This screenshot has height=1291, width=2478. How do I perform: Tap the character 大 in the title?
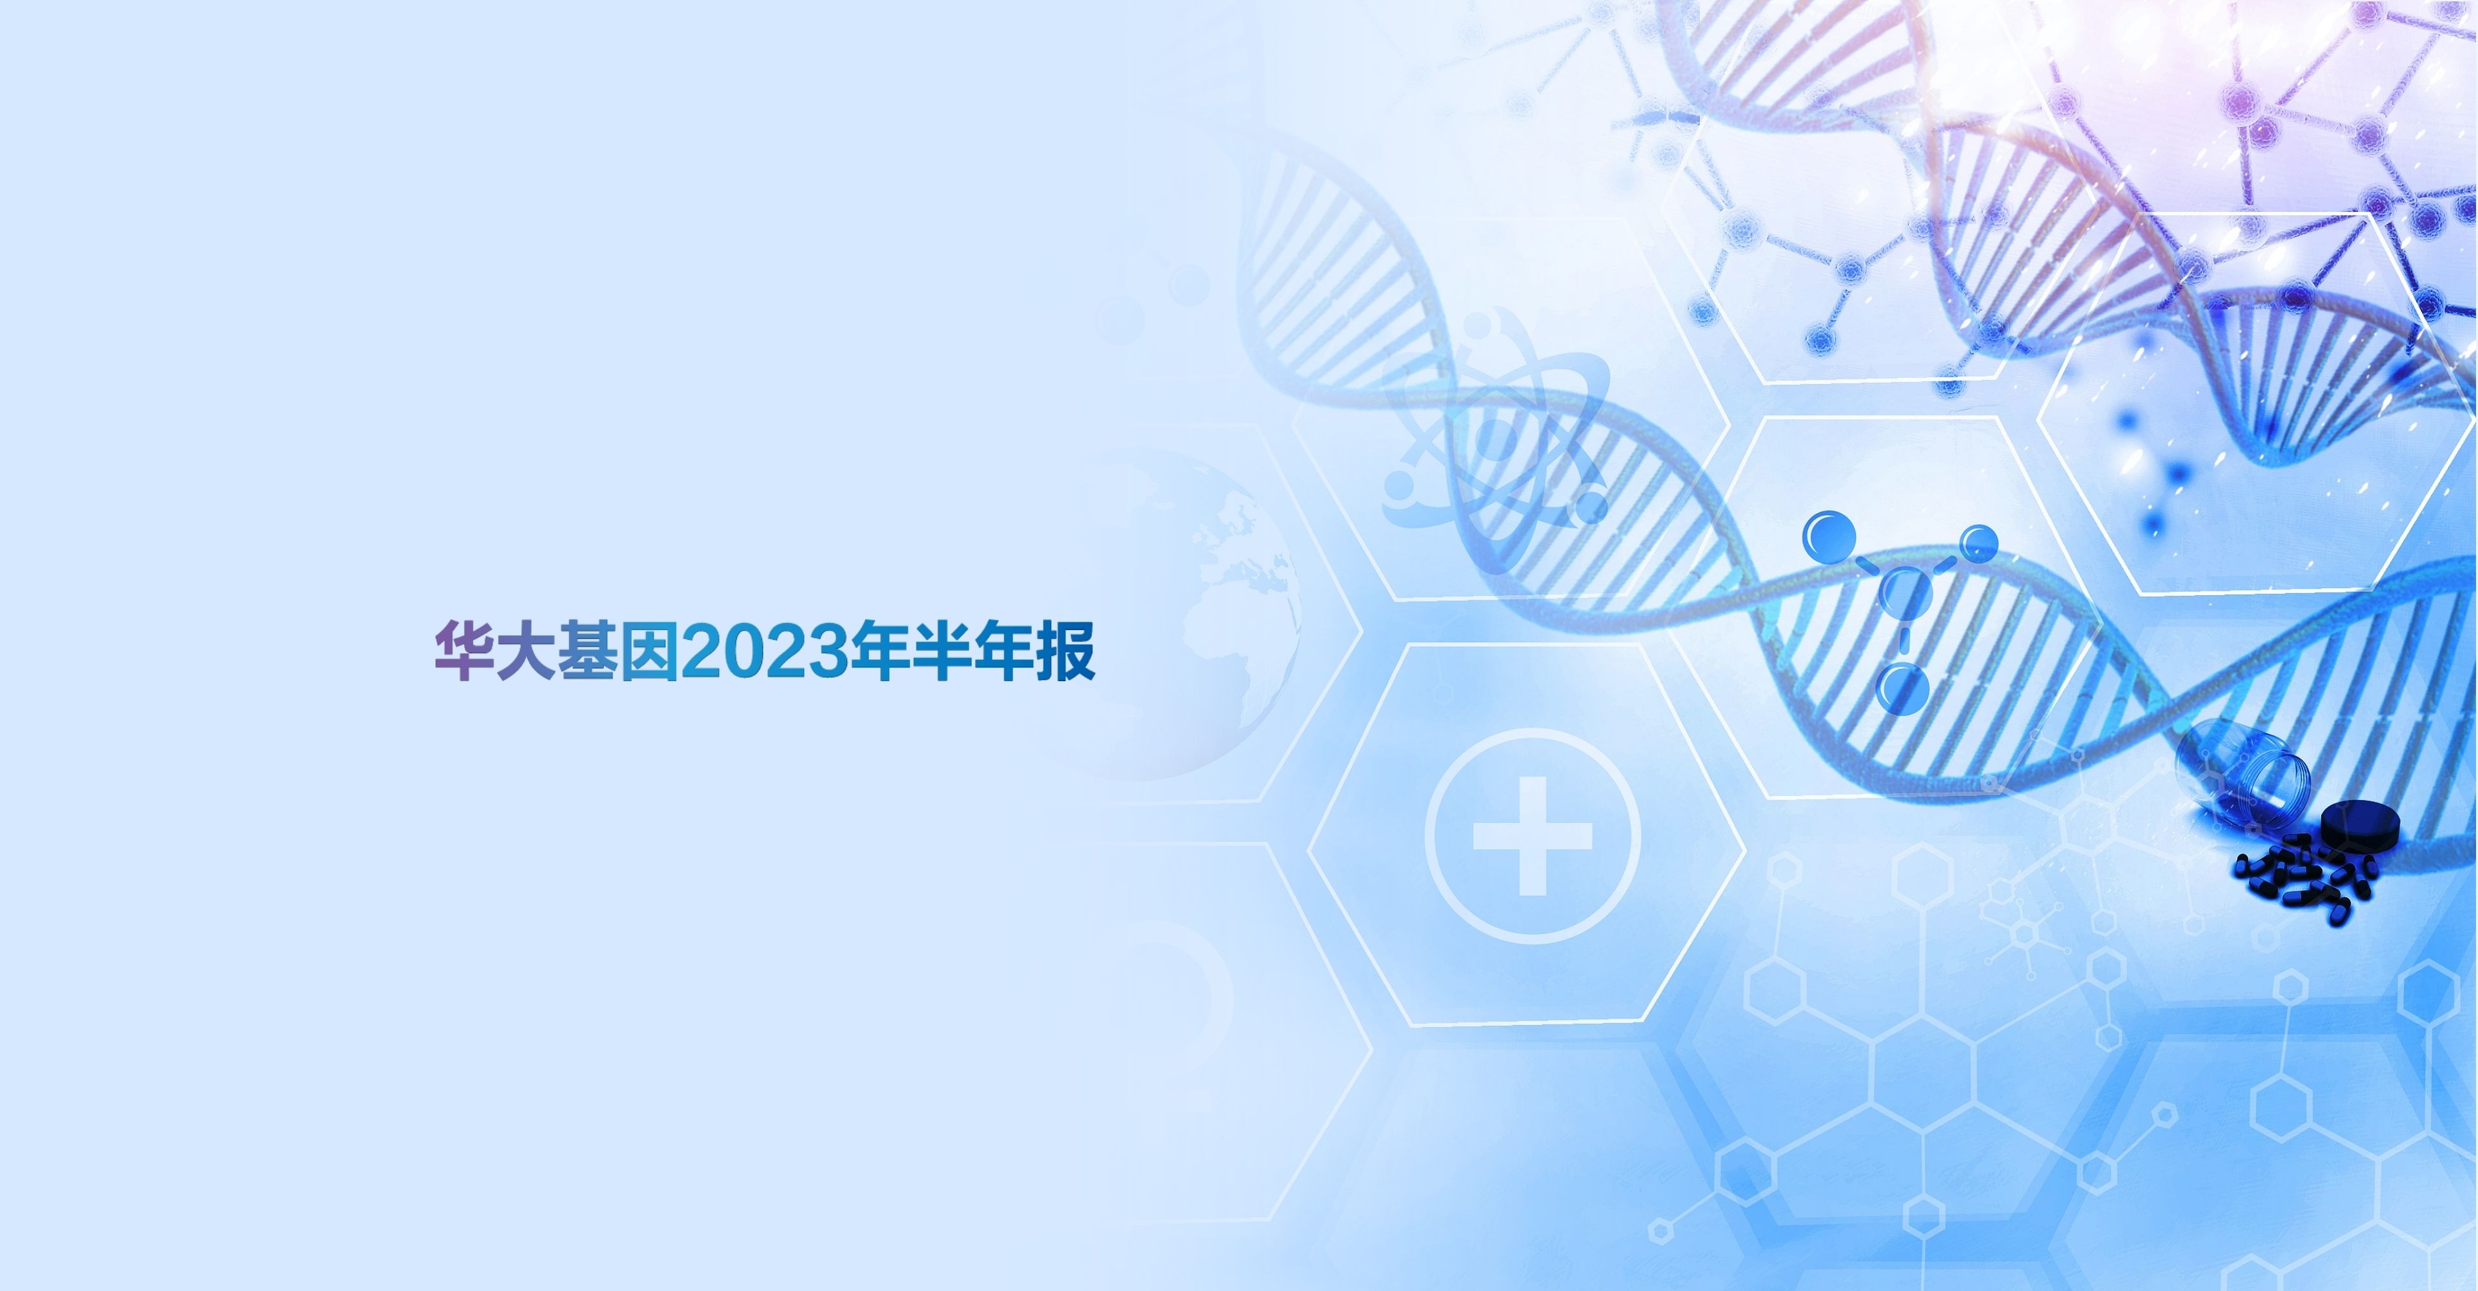525,651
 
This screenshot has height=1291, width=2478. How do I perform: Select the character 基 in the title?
587,651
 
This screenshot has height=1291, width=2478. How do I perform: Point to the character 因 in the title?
649,651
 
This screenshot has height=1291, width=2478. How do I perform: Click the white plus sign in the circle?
1533,836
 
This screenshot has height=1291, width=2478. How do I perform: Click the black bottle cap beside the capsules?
2360,826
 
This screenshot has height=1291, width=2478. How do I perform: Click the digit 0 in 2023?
745,652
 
